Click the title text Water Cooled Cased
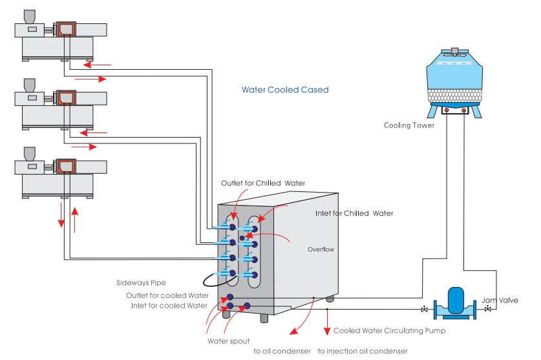point(285,90)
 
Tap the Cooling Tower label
point(409,125)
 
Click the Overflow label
point(321,249)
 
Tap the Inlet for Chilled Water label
point(354,213)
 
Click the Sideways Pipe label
point(142,282)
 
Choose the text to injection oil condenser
point(363,351)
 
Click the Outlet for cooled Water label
point(167,295)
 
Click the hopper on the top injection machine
point(30,16)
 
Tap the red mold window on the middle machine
point(65,98)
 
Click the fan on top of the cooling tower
point(455,51)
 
